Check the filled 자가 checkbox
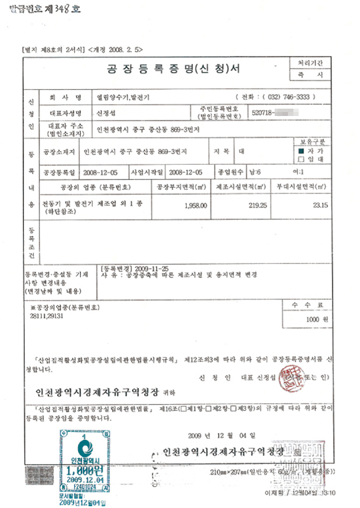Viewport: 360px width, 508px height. coord(301,151)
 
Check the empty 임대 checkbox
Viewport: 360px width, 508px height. coord(301,159)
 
